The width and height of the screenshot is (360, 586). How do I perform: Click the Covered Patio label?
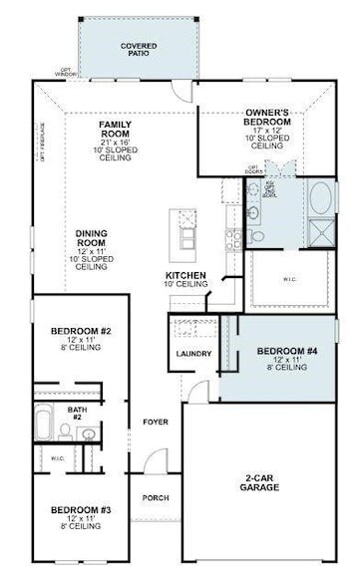click(138, 49)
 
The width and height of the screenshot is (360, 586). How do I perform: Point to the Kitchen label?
click(186, 277)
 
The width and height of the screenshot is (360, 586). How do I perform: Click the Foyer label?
click(155, 422)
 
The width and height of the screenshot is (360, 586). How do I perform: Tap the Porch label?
click(155, 497)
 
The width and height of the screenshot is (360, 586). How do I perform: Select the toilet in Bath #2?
click(65, 432)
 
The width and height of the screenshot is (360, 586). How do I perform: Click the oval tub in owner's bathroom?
click(323, 198)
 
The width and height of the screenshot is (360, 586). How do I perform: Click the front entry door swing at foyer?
click(152, 461)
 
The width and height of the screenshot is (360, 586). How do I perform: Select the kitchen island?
click(183, 231)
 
